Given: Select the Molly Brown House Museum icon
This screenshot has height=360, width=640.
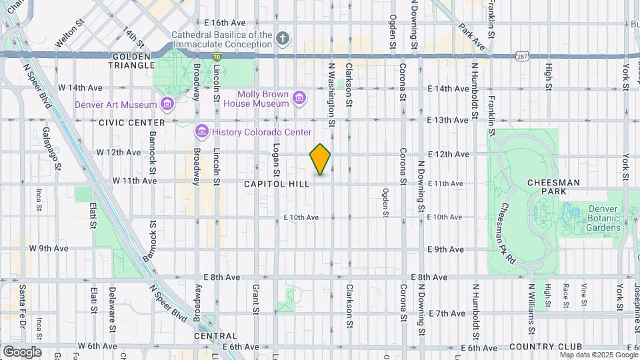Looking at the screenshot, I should (x=300, y=99).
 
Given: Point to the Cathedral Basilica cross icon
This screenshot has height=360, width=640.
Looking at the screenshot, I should (x=283, y=39).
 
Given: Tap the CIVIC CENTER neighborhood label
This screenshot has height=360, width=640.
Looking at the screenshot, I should (x=131, y=123).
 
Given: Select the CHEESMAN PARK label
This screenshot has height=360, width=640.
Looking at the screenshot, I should (x=553, y=183).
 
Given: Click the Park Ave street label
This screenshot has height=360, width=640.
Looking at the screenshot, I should (x=470, y=37).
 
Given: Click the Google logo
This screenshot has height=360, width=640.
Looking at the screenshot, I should (x=22, y=351).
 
